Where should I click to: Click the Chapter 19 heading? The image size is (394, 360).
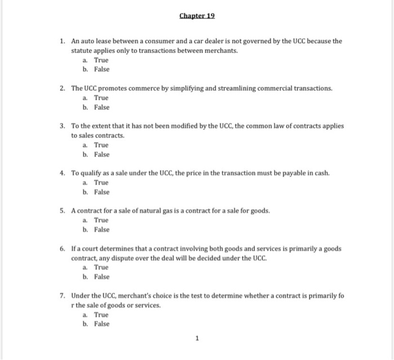click(197, 15)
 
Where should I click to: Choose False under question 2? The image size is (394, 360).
click(102, 107)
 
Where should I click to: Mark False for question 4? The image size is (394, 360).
click(102, 192)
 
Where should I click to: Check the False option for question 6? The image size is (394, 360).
click(102, 277)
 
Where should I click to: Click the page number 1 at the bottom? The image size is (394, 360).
click(197, 339)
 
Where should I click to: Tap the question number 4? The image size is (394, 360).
click(63, 174)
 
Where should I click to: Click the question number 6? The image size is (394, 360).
click(63, 248)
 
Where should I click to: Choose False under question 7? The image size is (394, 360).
click(102, 324)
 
